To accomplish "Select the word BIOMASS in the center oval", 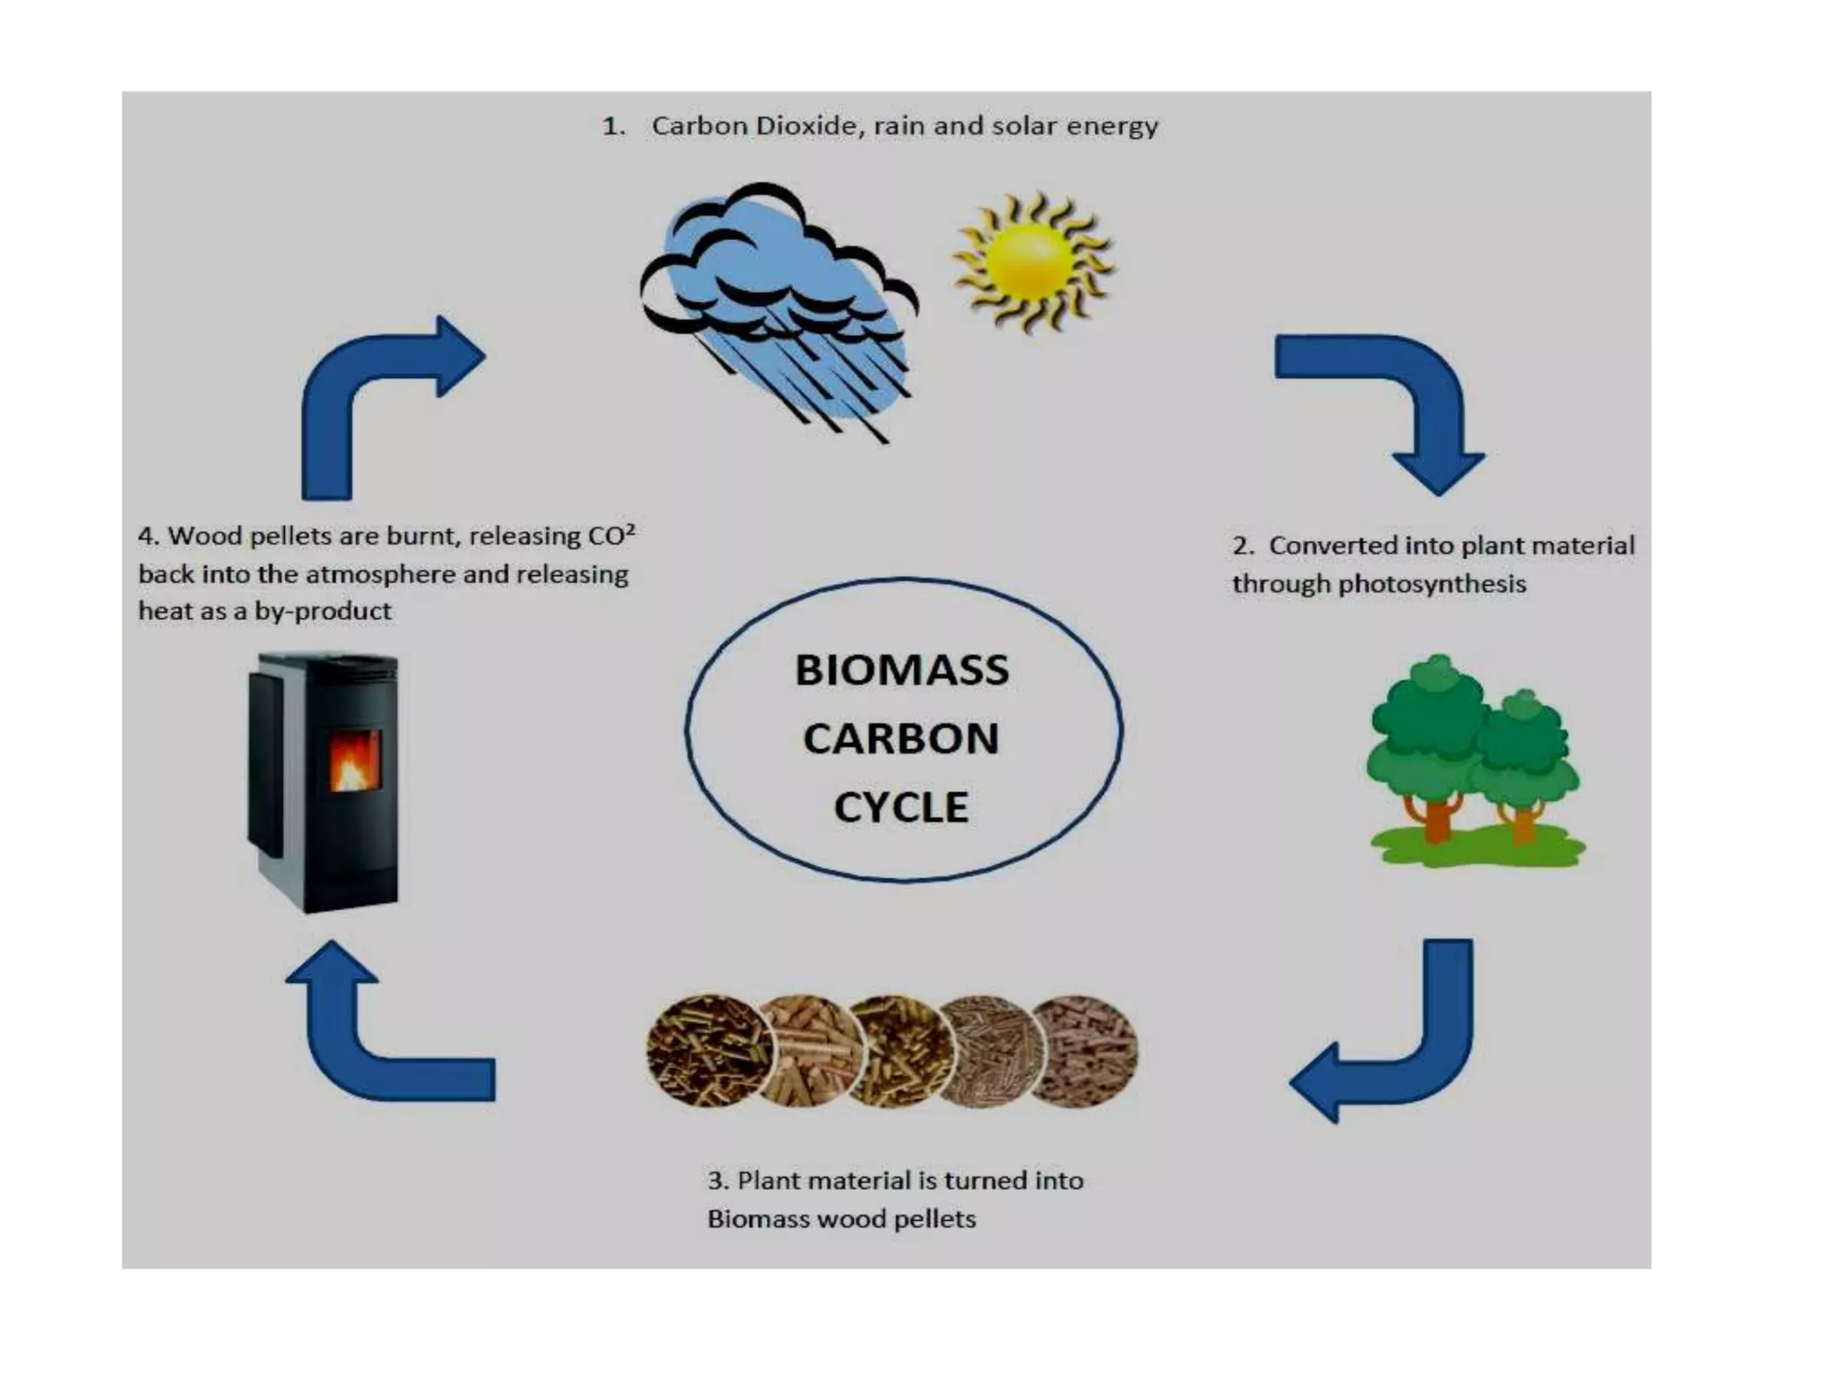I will [901, 670].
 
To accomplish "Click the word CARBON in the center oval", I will [900, 739].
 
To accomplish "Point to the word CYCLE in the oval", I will [900, 807].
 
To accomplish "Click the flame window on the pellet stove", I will [355, 761].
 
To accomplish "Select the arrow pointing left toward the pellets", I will [1398, 1048].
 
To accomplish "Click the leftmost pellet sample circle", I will [708, 1050].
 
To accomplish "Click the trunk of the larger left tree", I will [1436, 820].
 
